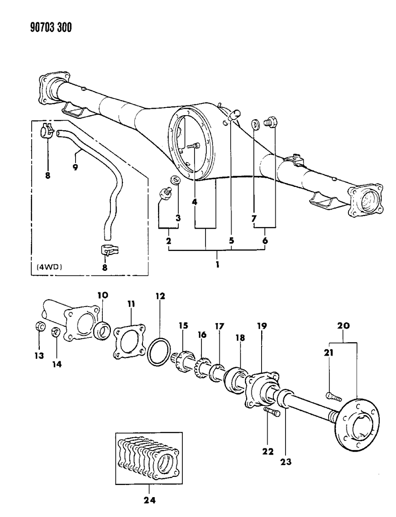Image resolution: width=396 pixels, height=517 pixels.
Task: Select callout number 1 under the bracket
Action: (x=217, y=265)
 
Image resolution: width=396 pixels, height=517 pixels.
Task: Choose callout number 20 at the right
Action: (x=343, y=325)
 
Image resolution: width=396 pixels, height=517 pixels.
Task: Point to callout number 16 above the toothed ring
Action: (x=202, y=335)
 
